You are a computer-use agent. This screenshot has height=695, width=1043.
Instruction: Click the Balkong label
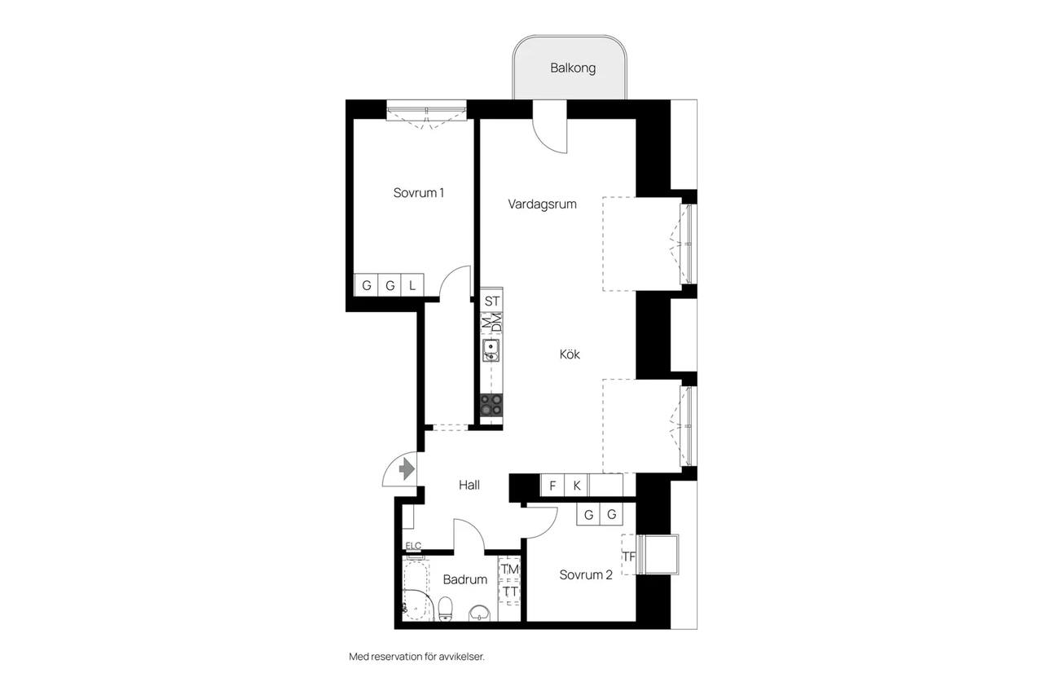pos(573,68)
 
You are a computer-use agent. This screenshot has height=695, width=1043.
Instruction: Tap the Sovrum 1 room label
pos(419,193)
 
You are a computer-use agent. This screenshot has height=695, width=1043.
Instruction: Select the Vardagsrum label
pos(542,205)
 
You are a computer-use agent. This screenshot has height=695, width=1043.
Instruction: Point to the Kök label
pos(570,354)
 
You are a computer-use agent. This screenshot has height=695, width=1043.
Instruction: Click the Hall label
pos(469,485)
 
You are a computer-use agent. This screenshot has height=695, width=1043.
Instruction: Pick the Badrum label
pos(464,579)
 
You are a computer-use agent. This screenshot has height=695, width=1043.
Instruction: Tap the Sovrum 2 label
pos(586,575)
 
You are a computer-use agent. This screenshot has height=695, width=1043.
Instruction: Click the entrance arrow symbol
pos(407,468)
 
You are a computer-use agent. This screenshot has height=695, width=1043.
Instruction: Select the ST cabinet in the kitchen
pos(491,301)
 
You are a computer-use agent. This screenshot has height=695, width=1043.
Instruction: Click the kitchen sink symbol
pos(491,350)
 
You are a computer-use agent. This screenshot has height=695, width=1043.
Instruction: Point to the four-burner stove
pos(491,404)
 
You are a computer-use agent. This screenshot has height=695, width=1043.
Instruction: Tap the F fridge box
pos(552,486)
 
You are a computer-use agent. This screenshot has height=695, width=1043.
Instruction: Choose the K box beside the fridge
pos(576,486)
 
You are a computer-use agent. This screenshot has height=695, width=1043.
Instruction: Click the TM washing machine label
pos(510,569)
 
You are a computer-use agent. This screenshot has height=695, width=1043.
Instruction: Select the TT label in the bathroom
pos(510,592)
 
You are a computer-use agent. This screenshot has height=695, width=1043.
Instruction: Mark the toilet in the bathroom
pos(446,609)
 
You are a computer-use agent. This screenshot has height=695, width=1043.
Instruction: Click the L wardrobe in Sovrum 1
pos(412,285)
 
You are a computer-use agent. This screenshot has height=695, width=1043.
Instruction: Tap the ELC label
pos(413,546)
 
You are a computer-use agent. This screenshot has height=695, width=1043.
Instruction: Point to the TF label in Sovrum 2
pos(628,556)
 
